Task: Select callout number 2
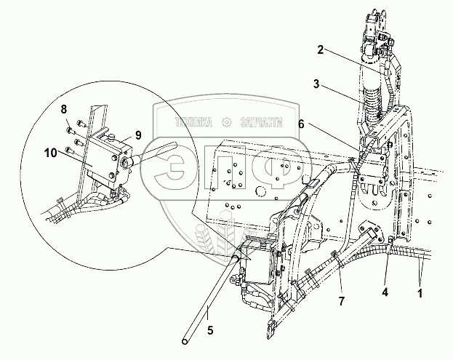pos(319,50)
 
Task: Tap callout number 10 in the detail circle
pos(49,153)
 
